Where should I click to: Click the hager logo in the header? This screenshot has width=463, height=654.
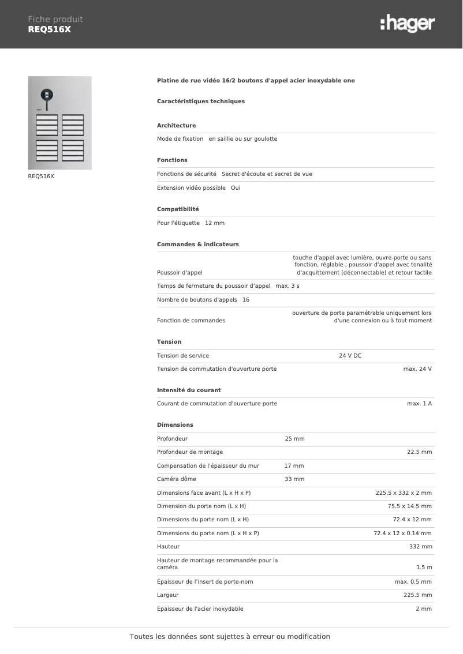click(x=408, y=24)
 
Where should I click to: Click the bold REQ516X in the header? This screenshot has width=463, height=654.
click(x=49, y=29)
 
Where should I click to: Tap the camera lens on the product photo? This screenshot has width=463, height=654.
click(x=46, y=95)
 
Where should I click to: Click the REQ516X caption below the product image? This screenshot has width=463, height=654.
click(x=41, y=176)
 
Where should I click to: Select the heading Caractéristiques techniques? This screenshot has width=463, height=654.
click(x=201, y=102)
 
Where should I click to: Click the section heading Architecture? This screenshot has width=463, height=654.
click(x=176, y=126)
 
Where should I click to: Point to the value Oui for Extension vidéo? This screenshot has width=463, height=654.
click(x=236, y=188)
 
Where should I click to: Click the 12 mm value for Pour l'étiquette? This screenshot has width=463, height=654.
click(x=215, y=223)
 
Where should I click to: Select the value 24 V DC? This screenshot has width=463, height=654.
click(x=350, y=356)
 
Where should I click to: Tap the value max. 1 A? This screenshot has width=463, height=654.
click(x=419, y=404)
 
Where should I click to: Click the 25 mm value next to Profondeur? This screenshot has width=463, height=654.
click(x=294, y=439)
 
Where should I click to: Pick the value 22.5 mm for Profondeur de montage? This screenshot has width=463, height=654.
click(x=419, y=452)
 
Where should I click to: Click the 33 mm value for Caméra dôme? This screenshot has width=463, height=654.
click(x=294, y=479)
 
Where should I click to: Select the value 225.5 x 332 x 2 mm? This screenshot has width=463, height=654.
click(x=404, y=493)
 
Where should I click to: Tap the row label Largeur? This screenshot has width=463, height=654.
click(x=167, y=595)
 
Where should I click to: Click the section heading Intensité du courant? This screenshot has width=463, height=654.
click(x=189, y=390)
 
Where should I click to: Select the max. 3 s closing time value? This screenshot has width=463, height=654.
click(x=287, y=286)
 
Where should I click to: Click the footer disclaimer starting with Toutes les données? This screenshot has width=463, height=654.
click(x=230, y=637)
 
